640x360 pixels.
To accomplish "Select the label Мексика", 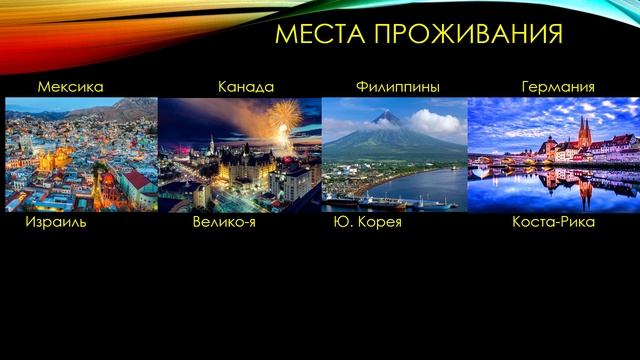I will pos(70,87).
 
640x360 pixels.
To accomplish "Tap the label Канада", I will pos(246,87).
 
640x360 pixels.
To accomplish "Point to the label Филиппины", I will pos(398,87).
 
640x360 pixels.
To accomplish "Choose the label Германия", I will pos(558,87).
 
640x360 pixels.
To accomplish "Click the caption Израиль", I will pos(56,221).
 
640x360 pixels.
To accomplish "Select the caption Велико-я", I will pos(224,221).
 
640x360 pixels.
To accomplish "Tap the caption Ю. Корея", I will pos(367,221).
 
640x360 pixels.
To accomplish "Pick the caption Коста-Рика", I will pos(553,221).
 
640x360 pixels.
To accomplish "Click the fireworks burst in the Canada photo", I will pos(285,115).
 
